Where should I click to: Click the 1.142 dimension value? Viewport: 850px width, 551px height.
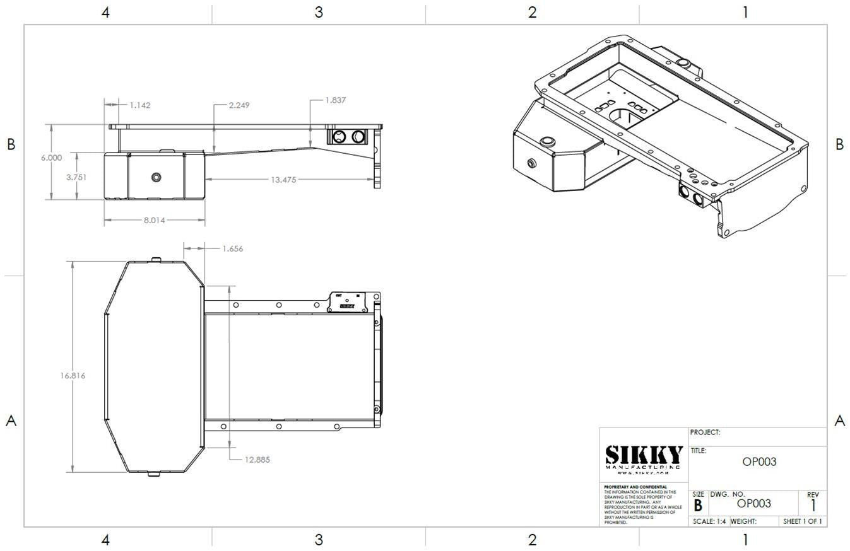[x=139, y=105]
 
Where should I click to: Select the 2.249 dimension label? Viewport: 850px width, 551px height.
[x=239, y=105]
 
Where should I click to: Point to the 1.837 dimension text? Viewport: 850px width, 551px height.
[x=335, y=100]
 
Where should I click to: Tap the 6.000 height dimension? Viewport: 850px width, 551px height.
[x=51, y=158]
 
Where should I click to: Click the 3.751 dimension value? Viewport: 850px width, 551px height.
[x=76, y=177]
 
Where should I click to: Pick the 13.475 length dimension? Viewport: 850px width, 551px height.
[x=283, y=180]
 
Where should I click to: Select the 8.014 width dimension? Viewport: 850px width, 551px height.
[x=154, y=220]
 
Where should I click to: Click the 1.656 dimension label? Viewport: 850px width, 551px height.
[x=232, y=249]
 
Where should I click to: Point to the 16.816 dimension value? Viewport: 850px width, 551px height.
[x=73, y=376]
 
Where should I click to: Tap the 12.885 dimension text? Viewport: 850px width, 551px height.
[x=257, y=460]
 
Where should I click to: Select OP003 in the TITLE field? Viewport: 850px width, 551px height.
[x=759, y=461]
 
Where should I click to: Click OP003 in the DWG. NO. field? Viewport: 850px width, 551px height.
[x=754, y=504]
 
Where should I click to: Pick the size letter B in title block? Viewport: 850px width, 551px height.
[x=698, y=506]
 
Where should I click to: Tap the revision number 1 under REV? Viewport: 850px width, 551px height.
[x=813, y=506]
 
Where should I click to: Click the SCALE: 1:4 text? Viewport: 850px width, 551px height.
[x=709, y=521]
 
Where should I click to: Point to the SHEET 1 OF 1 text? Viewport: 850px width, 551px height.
[x=802, y=521]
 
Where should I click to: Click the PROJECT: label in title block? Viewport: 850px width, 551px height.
[x=705, y=432]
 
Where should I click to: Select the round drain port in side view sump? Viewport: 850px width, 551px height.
[x=156, y=177]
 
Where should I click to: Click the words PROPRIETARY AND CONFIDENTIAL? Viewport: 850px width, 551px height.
[x=635, y=487]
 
